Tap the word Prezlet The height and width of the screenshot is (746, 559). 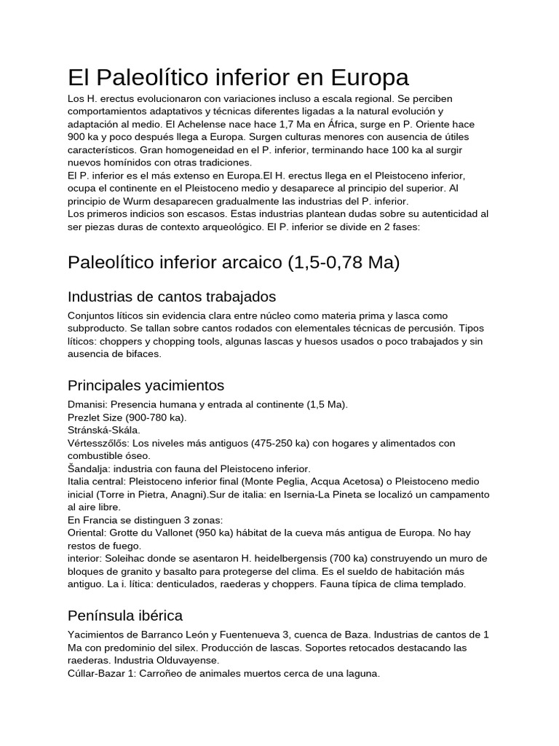click(x=85, y=417)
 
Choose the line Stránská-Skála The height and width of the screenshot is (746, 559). click(x=104, y=430)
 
